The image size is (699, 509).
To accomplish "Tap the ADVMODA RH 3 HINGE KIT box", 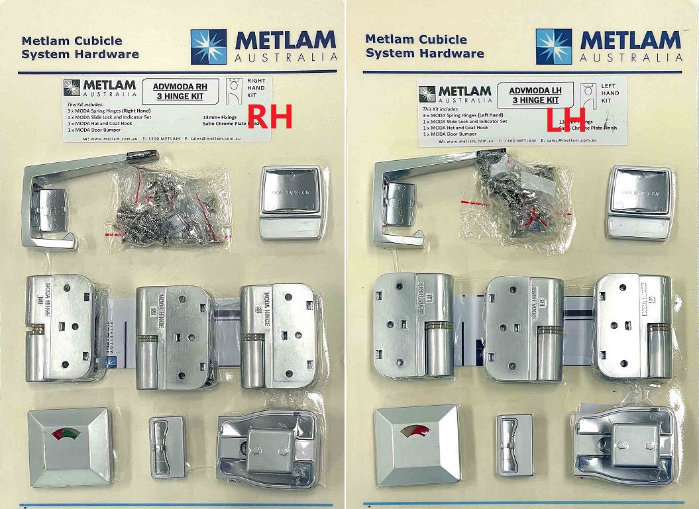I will coord(178,91).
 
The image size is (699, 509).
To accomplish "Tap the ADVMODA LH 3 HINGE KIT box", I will coord(533,95).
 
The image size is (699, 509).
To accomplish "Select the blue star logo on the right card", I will coord(553,46).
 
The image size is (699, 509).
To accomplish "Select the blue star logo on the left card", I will coord(208,46).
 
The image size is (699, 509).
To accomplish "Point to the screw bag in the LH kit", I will coord(520,199).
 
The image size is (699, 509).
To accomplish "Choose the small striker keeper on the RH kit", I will coord(166,447).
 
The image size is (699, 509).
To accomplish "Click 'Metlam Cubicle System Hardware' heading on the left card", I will coord(80,47).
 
